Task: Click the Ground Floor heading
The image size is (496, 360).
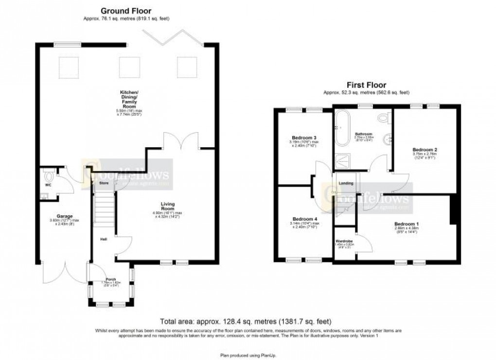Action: pyautogui.click(x=126, y=11)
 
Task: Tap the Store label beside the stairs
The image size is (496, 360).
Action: pyautogui.click(x=104, y=183)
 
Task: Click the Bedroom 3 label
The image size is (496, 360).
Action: pyautogui.click(x=304, y=137)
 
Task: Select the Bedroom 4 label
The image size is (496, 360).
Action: pyautogui.click(x=304, y=219)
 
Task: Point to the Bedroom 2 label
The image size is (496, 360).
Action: pyautogui.click(x=425, y=149)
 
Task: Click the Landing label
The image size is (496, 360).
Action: pyautogui.click(x=346, y=183)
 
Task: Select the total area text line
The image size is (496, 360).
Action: pyautogui.click(x=246, y=321)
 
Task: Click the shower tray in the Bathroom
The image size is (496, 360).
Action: pyautogui.click(x=342, y=159)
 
